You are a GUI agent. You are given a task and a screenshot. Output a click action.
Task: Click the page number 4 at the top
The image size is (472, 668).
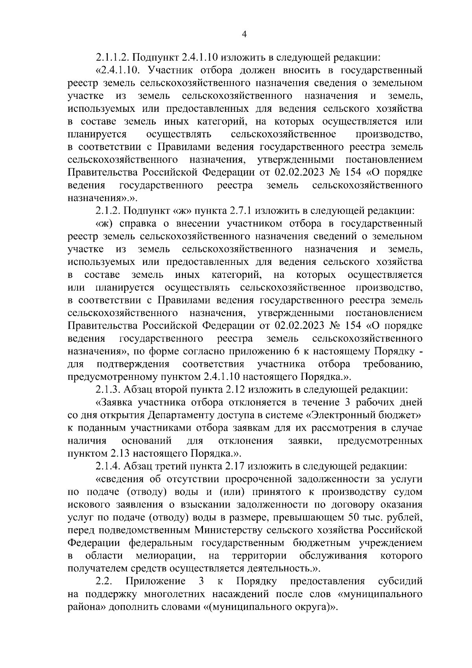[243, 35]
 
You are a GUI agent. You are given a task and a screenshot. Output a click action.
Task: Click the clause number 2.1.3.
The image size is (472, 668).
[108, 390]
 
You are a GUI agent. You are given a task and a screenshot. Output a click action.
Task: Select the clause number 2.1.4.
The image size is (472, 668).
[108, 466]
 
